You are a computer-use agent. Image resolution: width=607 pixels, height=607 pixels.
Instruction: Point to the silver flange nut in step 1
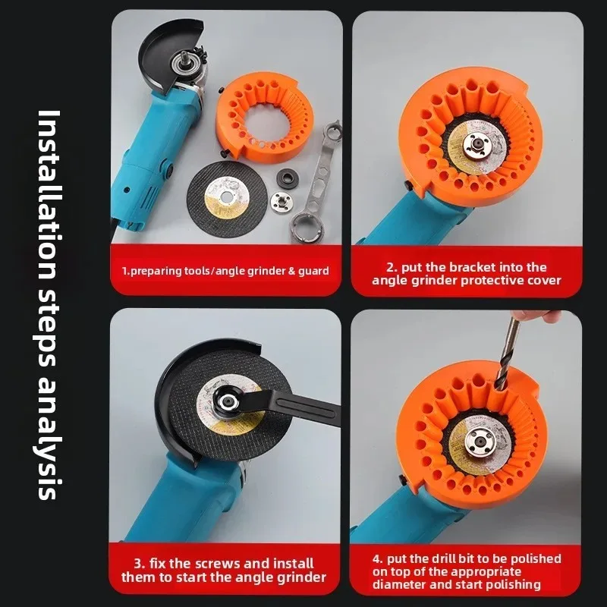281,202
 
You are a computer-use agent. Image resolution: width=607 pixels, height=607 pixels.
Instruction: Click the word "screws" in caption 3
203,564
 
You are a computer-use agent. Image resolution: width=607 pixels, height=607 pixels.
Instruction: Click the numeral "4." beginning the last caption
378,558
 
